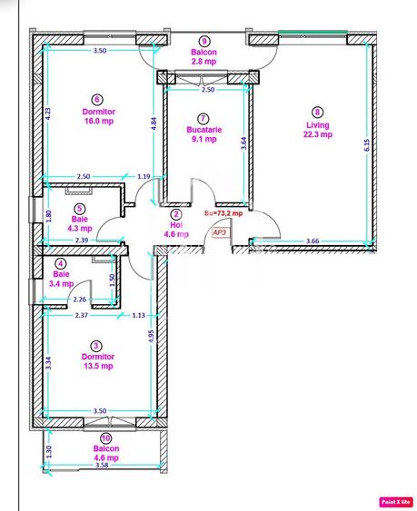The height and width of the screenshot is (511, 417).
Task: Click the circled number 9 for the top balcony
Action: coord(204,42)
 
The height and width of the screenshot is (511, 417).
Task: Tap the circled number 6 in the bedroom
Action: coord(98,100)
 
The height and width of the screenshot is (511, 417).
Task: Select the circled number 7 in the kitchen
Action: coord(203,118)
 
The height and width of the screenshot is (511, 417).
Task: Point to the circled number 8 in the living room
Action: coord(317,113)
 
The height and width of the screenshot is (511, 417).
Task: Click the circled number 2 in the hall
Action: coord(175,214)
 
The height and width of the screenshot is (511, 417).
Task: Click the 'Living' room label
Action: coord(317,124)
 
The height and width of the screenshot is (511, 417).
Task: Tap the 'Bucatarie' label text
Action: coord(203,130)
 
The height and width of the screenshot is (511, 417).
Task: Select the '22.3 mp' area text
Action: coord(317,134)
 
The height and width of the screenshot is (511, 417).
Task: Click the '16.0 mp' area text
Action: coord(98,120)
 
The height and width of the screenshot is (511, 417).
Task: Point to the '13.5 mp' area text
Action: coord(96,367)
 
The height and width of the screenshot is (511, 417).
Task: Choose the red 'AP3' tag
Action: coord(219,231)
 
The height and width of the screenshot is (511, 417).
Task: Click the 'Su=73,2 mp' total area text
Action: coord(224,213)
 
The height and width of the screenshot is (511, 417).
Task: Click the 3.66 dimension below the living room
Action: coord(313,240)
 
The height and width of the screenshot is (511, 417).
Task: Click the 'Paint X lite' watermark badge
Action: coord(395,500)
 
